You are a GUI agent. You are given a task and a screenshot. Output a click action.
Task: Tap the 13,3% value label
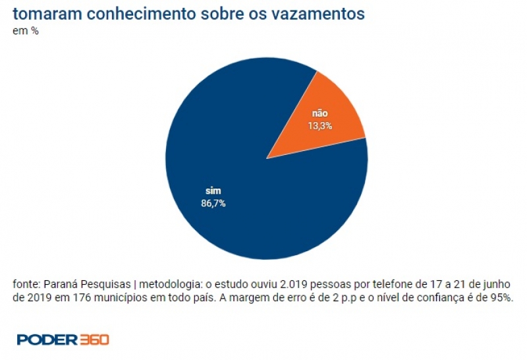pos(320,125)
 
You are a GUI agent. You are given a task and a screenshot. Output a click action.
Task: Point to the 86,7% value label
pos(213,203)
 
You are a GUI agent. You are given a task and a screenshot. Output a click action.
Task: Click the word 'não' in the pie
pos(320,113)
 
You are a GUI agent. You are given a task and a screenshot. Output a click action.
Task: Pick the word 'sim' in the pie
pos(213,191)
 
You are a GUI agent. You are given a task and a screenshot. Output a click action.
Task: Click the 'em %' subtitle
pos(26,31)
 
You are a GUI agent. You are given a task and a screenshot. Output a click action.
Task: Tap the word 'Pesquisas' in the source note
pos(104,284)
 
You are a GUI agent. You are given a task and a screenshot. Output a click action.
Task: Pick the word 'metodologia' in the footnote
pos(167,284)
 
